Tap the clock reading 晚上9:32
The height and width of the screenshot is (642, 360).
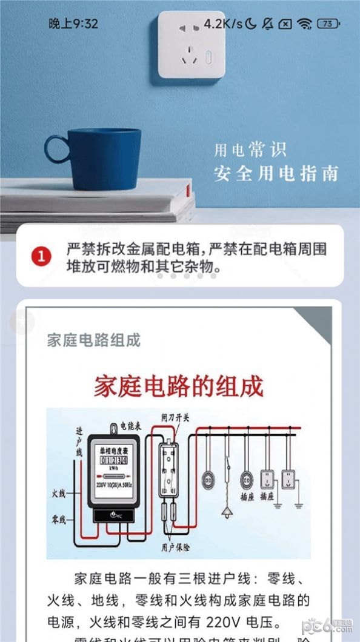click(73, 24)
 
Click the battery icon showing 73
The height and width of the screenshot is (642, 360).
click(328, 24)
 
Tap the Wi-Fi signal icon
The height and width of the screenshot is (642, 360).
click(305, 24)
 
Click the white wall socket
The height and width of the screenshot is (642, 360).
click(191, 45)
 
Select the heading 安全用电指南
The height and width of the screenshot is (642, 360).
click(276, 173)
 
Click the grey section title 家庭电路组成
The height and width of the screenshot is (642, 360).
click(94, 340)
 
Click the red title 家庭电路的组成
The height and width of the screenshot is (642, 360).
click(179, 386)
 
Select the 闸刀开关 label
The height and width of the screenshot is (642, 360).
click(176, 418)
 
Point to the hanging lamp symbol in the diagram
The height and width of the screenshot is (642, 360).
click(227, 512)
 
